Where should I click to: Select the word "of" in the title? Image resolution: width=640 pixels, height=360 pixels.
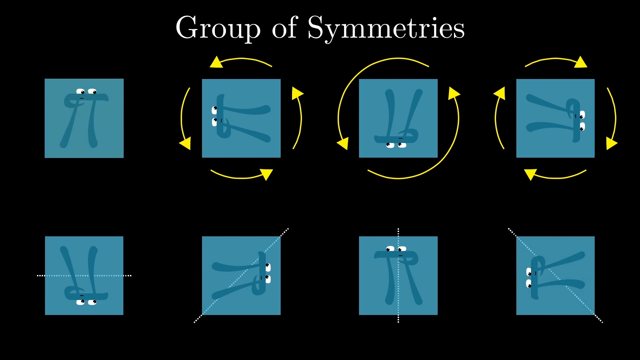point(284,27)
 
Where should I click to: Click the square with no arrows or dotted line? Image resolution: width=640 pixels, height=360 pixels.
point(84,118)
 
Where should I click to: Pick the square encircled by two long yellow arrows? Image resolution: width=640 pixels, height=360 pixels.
point(398,118)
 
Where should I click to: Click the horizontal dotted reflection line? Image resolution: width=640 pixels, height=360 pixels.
point(84,276)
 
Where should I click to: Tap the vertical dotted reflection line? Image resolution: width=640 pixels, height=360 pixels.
point(398,275)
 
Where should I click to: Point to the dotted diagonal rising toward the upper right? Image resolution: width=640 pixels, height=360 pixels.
point(241,276)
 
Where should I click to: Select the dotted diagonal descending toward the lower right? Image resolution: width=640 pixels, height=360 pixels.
point(555,276)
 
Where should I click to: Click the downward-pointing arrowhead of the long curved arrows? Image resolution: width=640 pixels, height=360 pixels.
point(343,143)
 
